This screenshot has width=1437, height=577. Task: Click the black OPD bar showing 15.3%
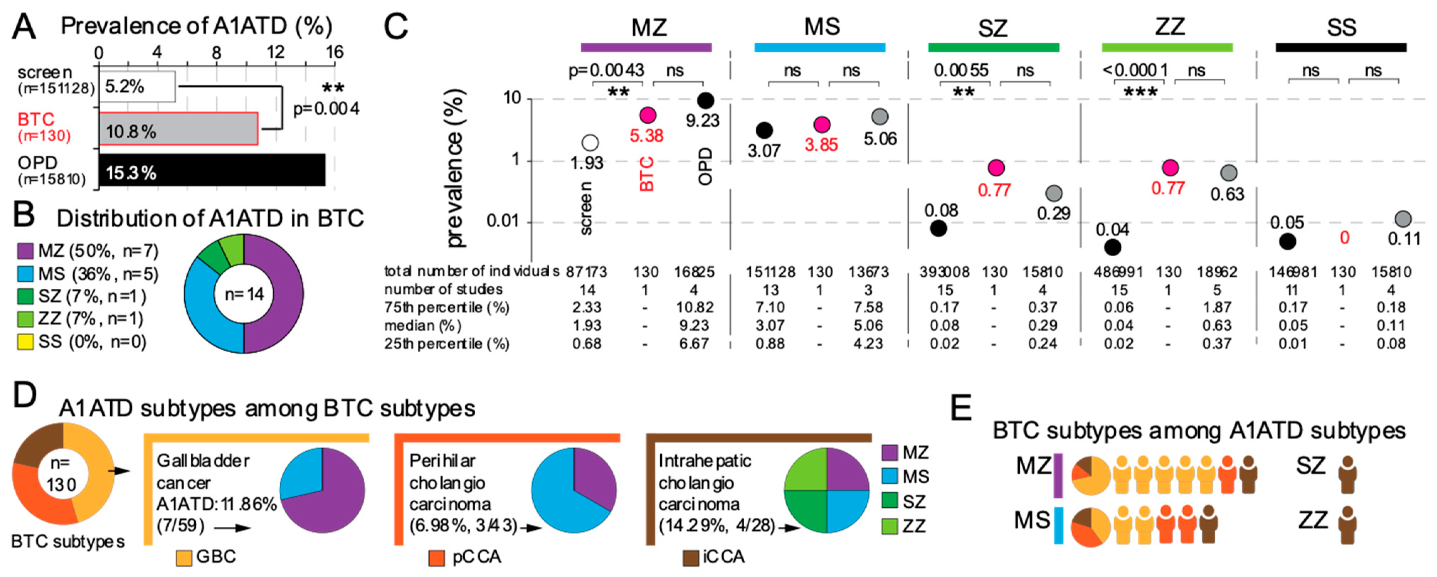click(212, 170)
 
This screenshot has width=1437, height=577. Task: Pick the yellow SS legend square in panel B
click(25, 342)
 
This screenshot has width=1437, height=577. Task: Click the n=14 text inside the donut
click(244, 294)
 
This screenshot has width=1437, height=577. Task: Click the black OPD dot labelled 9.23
click(706, 100)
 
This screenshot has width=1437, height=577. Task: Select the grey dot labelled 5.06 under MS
click(880, 117)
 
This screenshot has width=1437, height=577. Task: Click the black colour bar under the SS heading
click(1341, 47)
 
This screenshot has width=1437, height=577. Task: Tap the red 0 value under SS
click(1344, 238)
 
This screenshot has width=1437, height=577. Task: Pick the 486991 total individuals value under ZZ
click(1119, 272)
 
